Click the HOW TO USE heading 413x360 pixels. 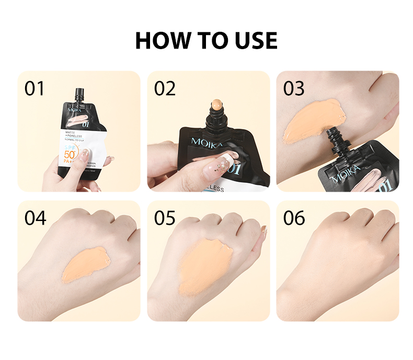pos(206,41)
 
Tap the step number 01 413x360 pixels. pos(35,88)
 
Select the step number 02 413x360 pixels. pos(165,88)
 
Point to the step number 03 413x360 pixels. pos(294,88)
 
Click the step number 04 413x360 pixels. pos(35,217)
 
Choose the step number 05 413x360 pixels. pos(165,217)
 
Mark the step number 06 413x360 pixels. pos(294,217)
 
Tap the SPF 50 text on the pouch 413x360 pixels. pos(69,154)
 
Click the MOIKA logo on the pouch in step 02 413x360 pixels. pos(206,142)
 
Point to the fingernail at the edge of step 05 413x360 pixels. pos(263,230)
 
